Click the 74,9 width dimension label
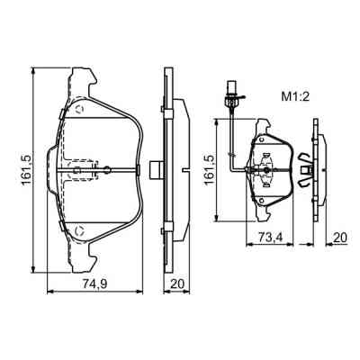[94, 283]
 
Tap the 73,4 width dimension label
[270, 238]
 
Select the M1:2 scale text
[295, 97]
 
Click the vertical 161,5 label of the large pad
[27, 170]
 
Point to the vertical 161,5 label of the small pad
[211, 170]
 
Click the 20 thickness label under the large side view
[176, 283]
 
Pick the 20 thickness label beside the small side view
[340, 238]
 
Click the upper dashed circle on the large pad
[80, 109]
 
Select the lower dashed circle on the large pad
[80, 231]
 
